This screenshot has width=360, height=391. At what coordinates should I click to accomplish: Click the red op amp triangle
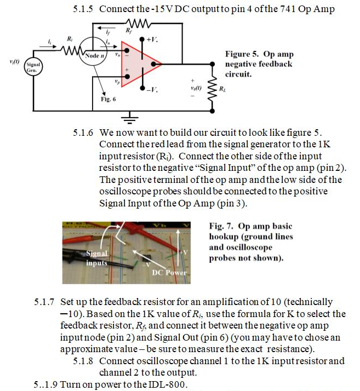pyautogui.click(x=139, y=65)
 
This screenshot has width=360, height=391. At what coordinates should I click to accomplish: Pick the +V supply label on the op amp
pyautogui.click(x=154, y=39)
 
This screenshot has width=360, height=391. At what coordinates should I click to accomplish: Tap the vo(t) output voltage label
pyautogui.click(x=195, y=88)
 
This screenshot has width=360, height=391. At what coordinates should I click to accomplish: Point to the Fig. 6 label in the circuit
pyautogui.click(x=108, y=99)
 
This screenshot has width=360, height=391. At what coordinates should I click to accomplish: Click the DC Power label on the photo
pyautogui.click(x=169, y=272)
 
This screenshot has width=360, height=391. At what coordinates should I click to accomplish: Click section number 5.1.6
pyautogui.click(x=83, y=133)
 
